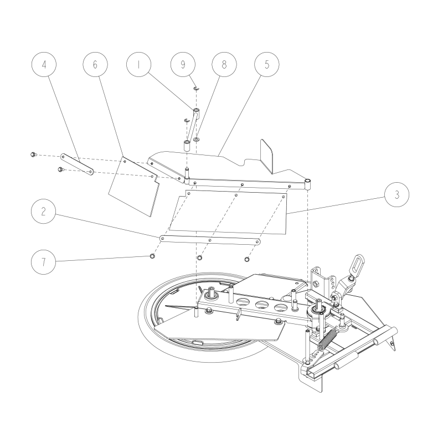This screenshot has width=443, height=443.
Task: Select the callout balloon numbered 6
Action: (x=95, y=64)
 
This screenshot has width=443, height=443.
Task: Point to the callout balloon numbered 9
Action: (x=182, y=64)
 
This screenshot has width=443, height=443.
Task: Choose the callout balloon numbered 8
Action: (x=224, y=64)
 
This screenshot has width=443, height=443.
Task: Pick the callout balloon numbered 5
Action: (x=267, y=64)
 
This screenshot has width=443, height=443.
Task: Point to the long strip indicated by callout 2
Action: (x=210, y=240)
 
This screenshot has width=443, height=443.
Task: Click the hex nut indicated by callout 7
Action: (x=151, y=256)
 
